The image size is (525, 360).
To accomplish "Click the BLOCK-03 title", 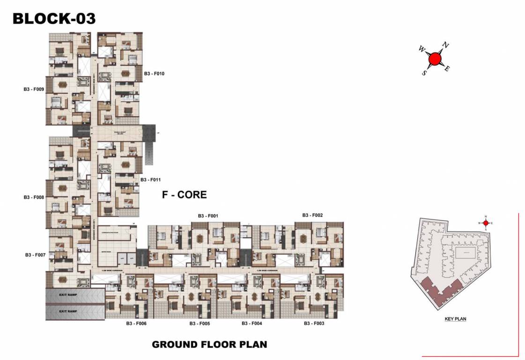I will (54, 18).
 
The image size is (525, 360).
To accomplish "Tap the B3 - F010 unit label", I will (154, 74).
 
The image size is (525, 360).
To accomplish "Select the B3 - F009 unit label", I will (34, 89).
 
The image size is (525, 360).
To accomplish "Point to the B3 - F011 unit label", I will (151, 180).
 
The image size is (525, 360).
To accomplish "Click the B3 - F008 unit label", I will (34, 197).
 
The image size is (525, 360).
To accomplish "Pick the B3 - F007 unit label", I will (35, 255).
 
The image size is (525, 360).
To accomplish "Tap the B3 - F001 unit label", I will (208, 216).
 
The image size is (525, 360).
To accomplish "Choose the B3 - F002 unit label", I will (312, 215).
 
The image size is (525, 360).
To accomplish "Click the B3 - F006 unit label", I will (136, 323).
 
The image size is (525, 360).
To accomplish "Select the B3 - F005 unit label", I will (200, 323).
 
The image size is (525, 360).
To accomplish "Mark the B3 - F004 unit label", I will (251, 323).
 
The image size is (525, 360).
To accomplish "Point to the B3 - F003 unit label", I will (314, 323).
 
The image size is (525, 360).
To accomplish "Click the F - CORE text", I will (184, 195).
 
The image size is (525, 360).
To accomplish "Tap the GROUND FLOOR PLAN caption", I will (209, 345).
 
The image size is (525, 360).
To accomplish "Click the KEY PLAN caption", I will (455, 319).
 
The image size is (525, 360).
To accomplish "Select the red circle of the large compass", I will (435, 59).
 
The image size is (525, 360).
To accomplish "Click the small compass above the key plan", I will (486, 223).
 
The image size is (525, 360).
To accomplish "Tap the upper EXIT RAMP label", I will (68, 295).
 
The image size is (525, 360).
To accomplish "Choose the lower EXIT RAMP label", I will (68, 311).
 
